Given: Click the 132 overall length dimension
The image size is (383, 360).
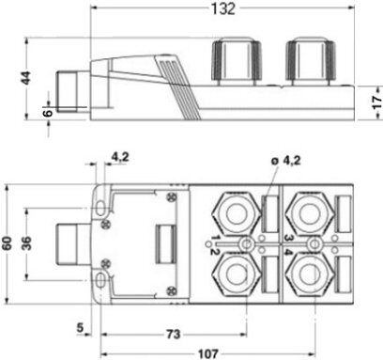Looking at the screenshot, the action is pos(222,8).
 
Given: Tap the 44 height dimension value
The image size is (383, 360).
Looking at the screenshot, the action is pos(26,78).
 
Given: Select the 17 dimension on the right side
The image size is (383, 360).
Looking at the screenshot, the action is pos(377,102).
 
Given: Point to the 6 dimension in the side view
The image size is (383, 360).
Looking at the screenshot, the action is pos(48,113).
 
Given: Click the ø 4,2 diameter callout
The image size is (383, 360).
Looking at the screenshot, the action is pos(285,161).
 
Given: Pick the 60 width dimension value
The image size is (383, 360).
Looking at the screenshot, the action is pos(7,243).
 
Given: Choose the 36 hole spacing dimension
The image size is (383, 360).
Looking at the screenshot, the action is pos(26,243).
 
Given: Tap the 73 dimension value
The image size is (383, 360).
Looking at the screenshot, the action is pos(174,335).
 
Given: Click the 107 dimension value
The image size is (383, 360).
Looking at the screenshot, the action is pos(208,354).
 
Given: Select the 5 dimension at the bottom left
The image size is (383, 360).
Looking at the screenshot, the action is pos(81,328).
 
